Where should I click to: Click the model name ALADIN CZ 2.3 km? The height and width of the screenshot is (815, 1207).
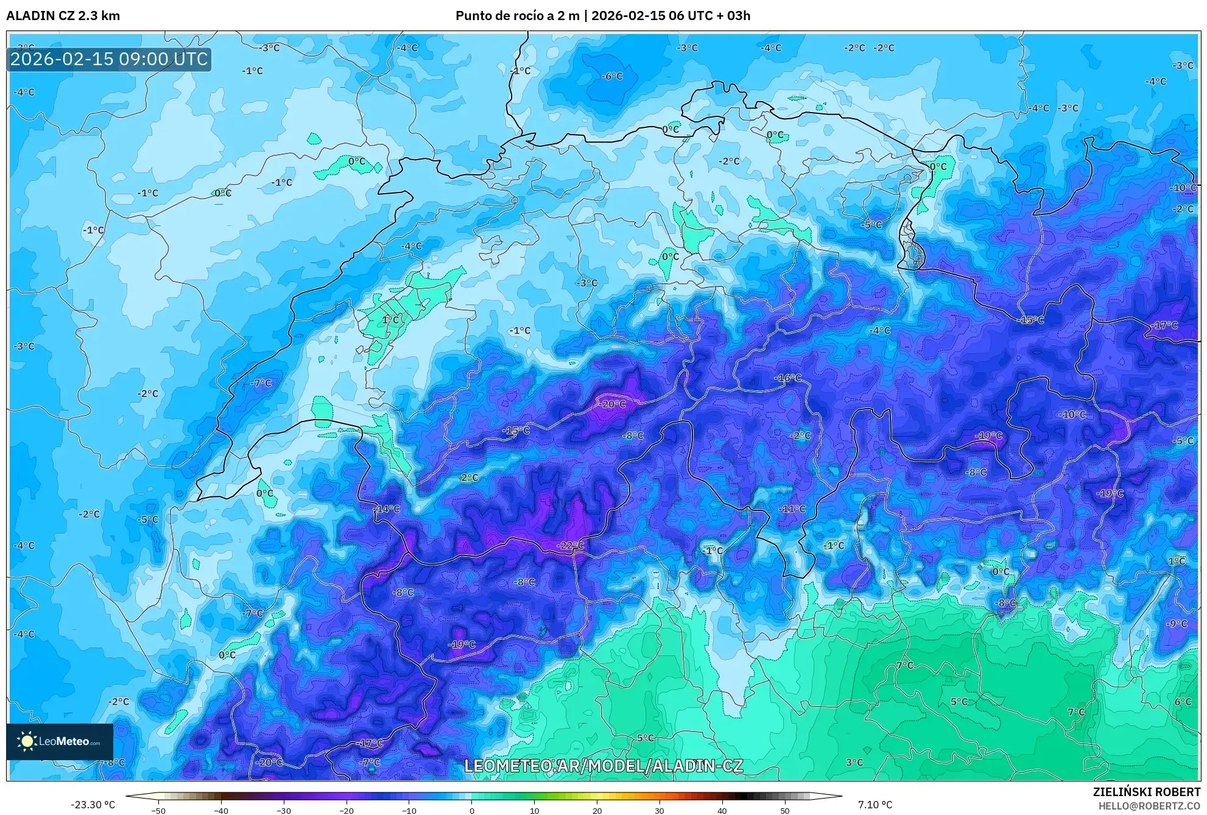point(63,16)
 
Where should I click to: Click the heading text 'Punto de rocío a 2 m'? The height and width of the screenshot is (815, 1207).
point(517,16)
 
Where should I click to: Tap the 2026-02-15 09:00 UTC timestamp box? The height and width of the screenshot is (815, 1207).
point(109,59)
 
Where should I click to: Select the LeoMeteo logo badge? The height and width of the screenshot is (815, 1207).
point(60,741)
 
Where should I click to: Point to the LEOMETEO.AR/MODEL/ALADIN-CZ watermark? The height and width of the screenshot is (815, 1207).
point(603,765)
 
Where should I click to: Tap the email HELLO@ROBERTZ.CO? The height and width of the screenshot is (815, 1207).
point(1149,805)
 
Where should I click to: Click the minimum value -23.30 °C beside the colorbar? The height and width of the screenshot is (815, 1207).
point(93,805)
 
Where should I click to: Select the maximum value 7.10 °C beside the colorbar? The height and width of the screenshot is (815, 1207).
point(875,805)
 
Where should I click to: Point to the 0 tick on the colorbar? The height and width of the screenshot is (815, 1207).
point(472,810)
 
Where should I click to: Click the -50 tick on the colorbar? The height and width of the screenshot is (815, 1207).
point(158,810)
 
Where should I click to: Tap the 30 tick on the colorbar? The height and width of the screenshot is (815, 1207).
point(660,810)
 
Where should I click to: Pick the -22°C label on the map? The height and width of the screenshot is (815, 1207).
point(570,545)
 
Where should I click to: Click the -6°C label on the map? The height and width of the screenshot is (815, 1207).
point(612,76)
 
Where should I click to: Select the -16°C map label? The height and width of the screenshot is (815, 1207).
point(787,378)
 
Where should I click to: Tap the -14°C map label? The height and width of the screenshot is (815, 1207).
point(387,509)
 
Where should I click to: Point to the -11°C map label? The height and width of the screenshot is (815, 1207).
point(792,509)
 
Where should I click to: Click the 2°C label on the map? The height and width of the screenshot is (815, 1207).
point(470,478)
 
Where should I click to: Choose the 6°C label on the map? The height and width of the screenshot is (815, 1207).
point(1183,702)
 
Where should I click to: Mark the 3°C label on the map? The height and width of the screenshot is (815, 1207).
point(854,762)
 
